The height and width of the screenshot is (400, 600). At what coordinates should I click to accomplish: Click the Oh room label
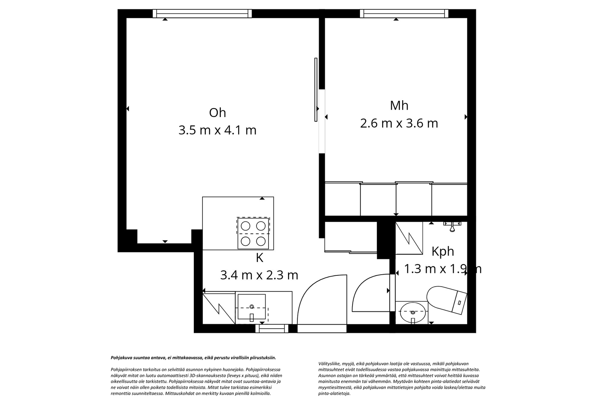[x=217, y=113]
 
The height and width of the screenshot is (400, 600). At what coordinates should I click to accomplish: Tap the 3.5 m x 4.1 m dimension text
[x=217, y=130]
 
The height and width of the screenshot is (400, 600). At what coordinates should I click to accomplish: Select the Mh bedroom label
[x=399, y=105]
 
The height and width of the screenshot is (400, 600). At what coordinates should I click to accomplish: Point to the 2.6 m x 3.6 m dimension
[x=399, y=123]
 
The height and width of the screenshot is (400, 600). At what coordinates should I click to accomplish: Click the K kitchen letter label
[x=259, y=258]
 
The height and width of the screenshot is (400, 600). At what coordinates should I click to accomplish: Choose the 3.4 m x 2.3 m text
[x=259, y=275]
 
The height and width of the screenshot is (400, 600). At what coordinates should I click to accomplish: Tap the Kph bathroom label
[x=443, y=251]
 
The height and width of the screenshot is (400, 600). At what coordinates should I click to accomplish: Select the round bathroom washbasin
[x=412, y=311]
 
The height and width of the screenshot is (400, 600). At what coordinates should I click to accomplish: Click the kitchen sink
[x=252, y=307]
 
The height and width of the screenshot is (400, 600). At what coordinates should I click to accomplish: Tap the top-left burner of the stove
[x=246, y=226]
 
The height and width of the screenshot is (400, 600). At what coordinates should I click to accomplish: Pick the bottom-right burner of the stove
[x=261, y=241]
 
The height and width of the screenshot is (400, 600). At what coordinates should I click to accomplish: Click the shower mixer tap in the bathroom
[x=452, y=225]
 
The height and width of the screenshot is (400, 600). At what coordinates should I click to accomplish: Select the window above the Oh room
[x=202, y=14]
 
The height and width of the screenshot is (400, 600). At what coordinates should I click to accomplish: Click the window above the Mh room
[x=404, y=14]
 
